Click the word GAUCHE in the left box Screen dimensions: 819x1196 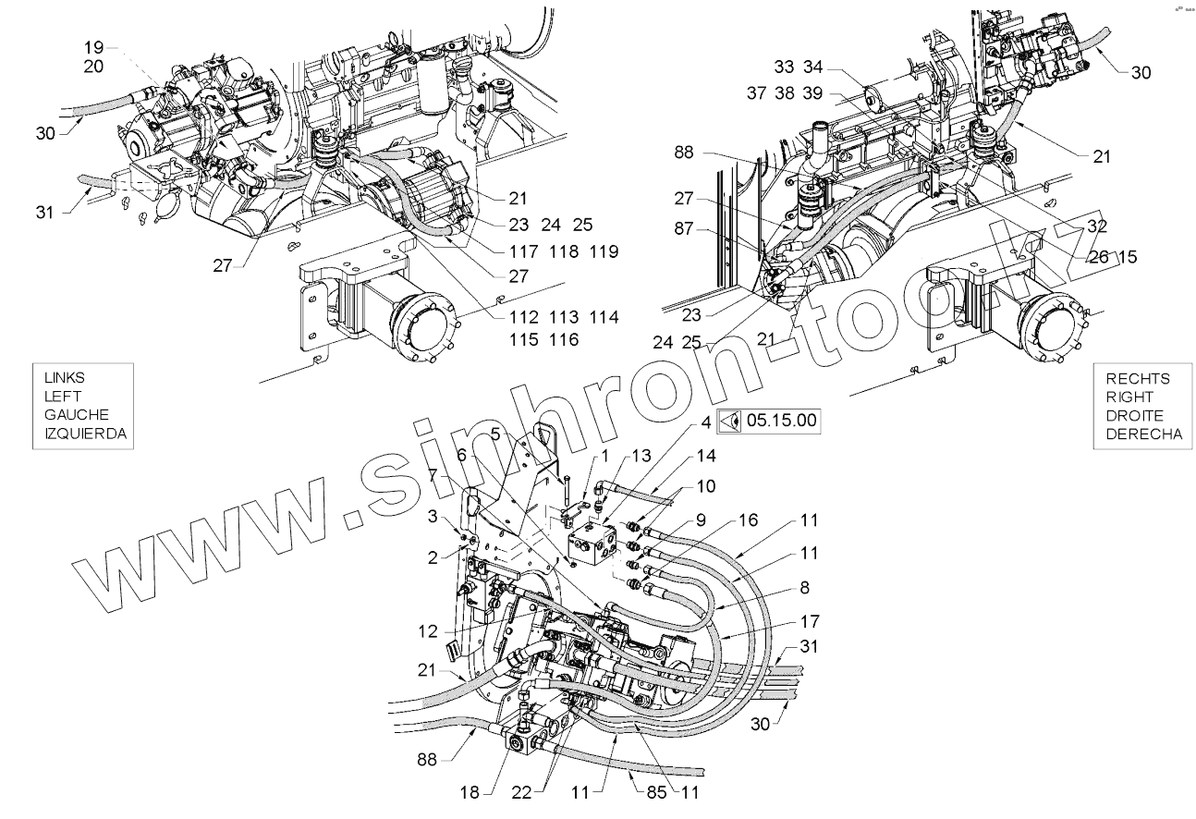77,415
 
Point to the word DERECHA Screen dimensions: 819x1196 1143,434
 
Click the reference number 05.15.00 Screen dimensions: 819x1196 782,420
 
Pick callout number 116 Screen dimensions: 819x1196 562,340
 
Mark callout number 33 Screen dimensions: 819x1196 783,67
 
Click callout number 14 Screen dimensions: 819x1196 706,456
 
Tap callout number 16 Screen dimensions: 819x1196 747,520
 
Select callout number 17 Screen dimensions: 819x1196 810,621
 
